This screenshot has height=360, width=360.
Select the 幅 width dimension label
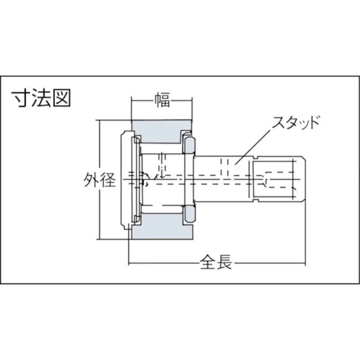[x=162, y=101]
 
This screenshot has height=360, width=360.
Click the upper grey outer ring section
[x=162, y=131]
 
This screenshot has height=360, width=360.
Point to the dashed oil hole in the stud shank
[x=225, y=168]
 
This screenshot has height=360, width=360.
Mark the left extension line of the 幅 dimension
[x=132, y=109]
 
